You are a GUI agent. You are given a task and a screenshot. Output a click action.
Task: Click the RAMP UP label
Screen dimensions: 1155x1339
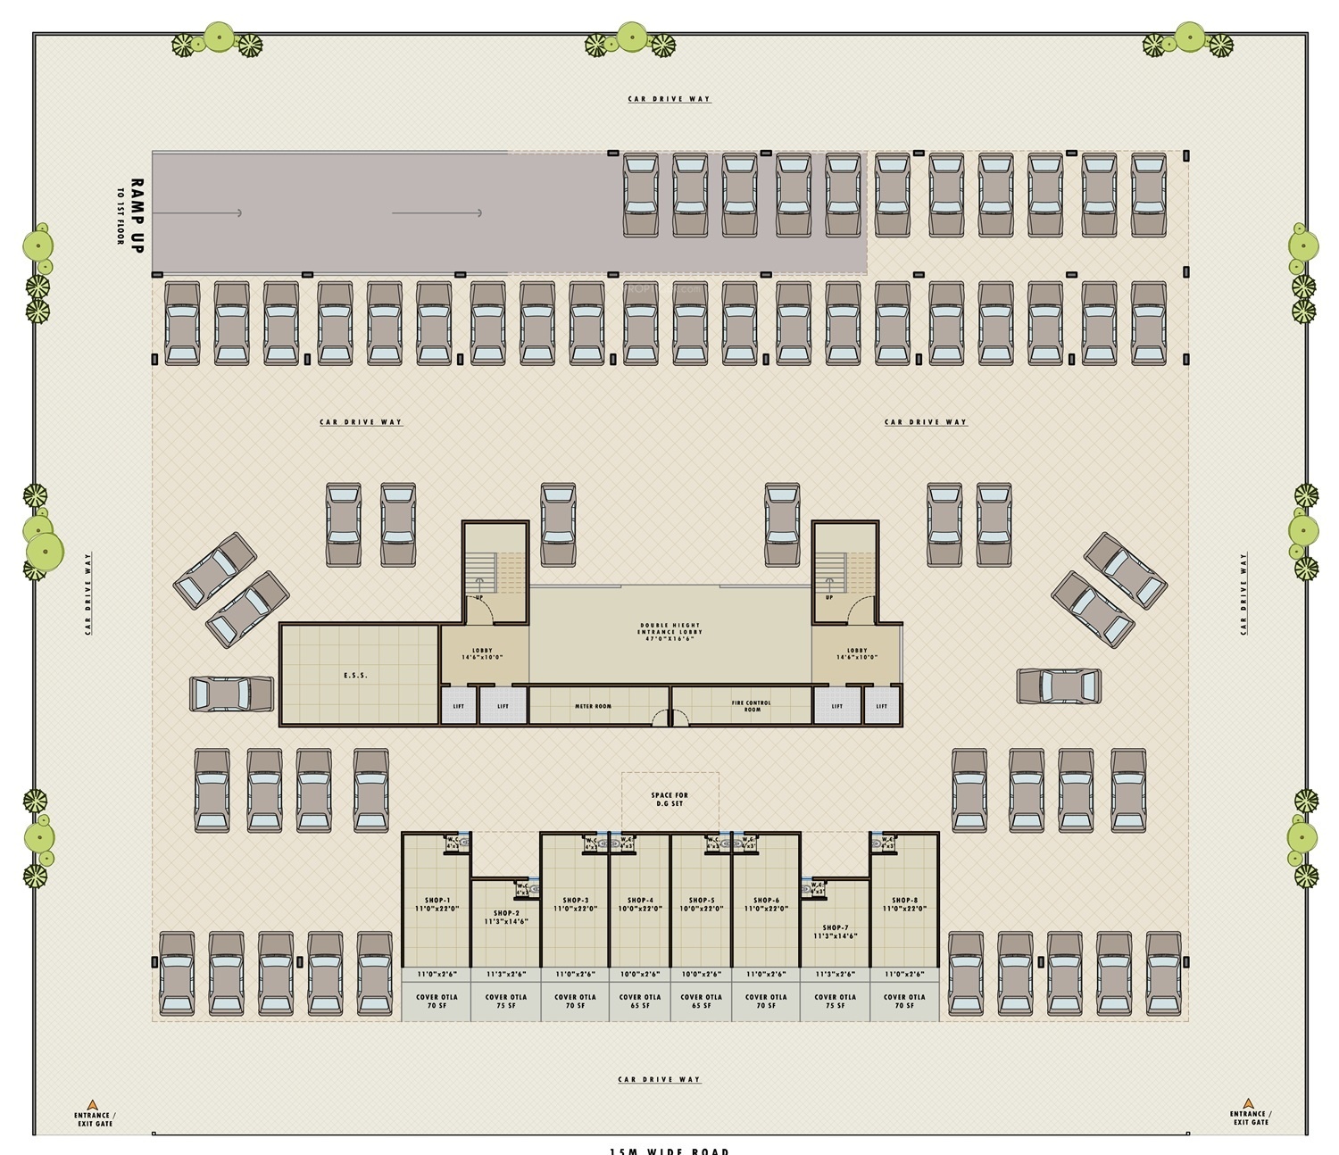pos(136,215)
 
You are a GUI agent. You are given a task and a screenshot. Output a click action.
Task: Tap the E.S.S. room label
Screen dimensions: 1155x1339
pos(355,676)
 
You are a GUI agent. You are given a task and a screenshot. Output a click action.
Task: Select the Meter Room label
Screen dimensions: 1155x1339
pos(593,706)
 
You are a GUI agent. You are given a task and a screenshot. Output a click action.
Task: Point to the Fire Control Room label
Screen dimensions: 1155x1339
pos(752,706)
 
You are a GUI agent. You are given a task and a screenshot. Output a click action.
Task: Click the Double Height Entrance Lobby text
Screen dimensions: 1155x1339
pos(669,632)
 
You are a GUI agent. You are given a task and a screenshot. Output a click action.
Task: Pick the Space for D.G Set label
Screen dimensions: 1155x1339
pos(669,799)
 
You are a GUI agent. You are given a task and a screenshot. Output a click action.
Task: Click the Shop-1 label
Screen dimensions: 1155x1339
pos(437,901)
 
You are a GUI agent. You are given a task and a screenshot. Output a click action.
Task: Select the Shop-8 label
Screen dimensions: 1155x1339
pos(904,901)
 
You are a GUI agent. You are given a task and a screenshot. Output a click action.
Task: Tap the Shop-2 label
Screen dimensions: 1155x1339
pos(506,914)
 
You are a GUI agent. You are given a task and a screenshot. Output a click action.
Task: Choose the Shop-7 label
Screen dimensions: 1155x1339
pos(836,928)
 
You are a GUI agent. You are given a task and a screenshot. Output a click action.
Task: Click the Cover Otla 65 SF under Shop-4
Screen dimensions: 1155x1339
pos(640,1001)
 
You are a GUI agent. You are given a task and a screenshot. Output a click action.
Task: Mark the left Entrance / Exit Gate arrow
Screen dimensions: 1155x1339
pos(92,1104)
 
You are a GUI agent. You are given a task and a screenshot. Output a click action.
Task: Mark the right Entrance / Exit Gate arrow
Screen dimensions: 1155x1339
pos(1248,1103)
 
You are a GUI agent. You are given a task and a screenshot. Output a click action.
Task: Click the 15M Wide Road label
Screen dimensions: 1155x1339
pos(669,1151)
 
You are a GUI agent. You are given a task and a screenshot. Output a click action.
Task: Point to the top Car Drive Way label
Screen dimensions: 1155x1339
pos(669,99)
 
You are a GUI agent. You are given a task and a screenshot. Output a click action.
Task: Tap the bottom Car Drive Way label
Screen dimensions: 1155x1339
pos(660,1079)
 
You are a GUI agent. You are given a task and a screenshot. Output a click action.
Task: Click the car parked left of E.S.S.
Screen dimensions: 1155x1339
pos(231,694)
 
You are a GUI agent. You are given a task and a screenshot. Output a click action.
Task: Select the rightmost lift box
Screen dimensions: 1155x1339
pos(882,706)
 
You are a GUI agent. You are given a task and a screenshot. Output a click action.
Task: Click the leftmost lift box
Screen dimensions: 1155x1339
pos(459,706)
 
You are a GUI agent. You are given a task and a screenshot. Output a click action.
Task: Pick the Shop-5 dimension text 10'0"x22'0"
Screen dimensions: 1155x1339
pos(702,909)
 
